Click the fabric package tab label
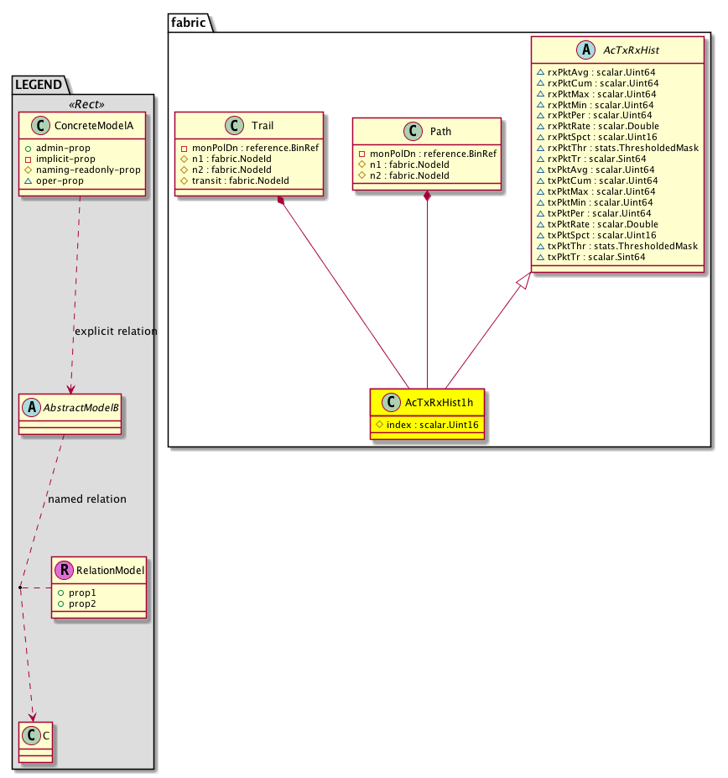190,23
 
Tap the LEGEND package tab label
39,84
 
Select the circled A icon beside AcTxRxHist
586,50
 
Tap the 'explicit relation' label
115,332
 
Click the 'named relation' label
87,499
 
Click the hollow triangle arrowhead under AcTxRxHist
523,282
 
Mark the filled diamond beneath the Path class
428,196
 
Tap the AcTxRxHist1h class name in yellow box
441,403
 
